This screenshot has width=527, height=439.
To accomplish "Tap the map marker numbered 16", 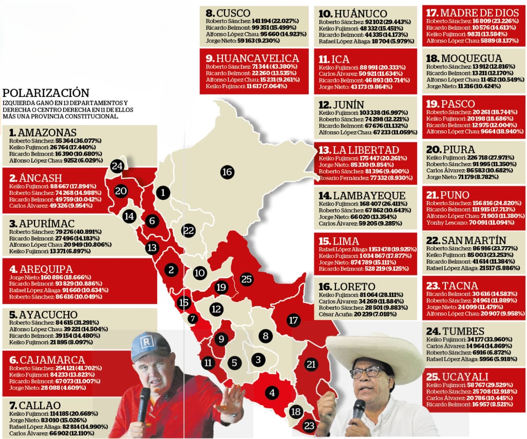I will coord(228,172).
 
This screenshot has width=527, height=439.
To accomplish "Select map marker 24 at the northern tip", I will coord(117,166).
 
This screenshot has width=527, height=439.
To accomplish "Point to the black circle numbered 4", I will coord(272,393).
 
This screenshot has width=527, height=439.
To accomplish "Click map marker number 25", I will coord(247,279).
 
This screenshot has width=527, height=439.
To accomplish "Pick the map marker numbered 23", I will coord(309,425).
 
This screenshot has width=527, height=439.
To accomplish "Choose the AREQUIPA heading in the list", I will coord(40,269).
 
